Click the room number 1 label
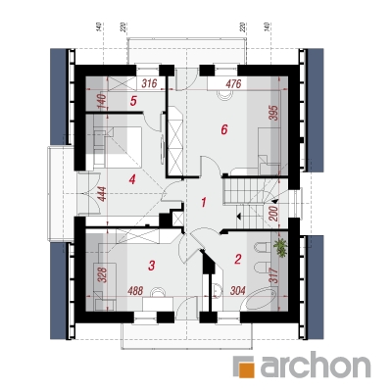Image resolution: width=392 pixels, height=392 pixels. tap(204, 203)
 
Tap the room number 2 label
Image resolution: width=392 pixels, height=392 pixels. tap(238, 260)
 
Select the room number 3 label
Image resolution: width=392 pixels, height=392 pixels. tap(151, 266)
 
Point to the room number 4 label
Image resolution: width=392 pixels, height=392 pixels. tap(132, 179)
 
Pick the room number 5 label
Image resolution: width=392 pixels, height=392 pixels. tap(133, 101)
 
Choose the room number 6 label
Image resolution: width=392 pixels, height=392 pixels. tap(223, 129)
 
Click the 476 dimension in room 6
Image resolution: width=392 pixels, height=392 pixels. tap(233, 83)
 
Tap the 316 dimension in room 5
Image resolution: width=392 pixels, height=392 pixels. tap(149, 83)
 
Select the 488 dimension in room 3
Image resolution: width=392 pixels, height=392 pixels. tap(135, 290)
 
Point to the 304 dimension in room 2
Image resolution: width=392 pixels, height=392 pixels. tap(238, 290)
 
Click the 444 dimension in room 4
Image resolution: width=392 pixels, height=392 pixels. tap(102, 194)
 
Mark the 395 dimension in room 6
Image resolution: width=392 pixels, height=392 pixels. tap(274, 113)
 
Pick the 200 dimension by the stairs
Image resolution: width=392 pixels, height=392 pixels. tap(274, 214)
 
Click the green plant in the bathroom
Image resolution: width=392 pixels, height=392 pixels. tap(280, 248)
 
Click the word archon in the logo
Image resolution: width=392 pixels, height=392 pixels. tap(315, 365)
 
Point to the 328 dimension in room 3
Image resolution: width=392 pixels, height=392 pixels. tap(102, 275)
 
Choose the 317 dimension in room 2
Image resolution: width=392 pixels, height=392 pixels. tap(274, 275)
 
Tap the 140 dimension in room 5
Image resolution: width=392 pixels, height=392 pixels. tap(102, 102)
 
